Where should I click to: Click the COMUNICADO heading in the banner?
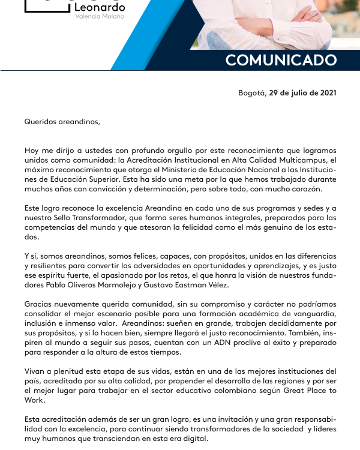(x=281, y=60)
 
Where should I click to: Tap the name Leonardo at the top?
(x=100, y=7)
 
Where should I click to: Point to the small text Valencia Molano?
(x=100, y=16)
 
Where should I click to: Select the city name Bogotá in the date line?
(x=251, y=93)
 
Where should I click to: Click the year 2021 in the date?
(x=328, y=93)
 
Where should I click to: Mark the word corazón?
(x=307, y=189)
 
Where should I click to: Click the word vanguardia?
(x=313, y=314)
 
